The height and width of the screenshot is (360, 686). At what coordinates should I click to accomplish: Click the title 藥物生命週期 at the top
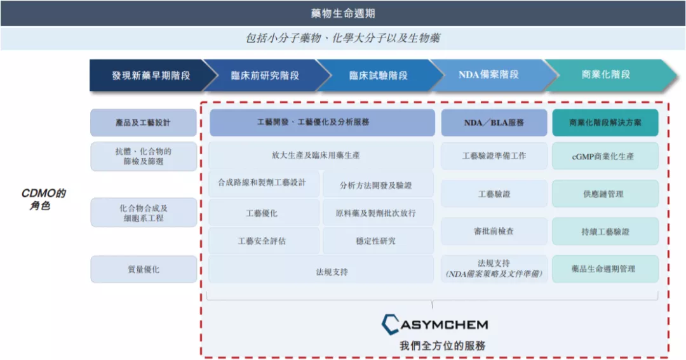343,13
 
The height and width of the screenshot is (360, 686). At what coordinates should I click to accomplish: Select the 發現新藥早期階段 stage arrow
151,75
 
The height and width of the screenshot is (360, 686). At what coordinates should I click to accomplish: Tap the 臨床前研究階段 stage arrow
264,75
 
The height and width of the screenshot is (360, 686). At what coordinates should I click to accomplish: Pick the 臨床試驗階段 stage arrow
378,75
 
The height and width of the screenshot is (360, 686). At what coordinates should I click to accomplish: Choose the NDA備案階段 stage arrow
488,75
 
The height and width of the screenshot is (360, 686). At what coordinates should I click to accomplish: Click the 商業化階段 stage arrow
605,75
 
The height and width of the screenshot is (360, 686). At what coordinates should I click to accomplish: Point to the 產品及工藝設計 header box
143,123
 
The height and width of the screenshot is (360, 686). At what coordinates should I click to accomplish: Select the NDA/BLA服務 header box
494,123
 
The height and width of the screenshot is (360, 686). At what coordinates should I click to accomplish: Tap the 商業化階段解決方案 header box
605,123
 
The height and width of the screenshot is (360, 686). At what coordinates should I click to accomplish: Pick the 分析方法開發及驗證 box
377,185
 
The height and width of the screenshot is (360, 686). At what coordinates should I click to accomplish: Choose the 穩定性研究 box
377,241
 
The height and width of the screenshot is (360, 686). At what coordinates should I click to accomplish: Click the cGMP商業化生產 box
605,156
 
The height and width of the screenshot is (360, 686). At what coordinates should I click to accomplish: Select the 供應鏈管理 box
605,194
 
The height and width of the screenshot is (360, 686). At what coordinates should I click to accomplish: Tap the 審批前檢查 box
494,232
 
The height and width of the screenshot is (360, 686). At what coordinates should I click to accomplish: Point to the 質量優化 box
143,269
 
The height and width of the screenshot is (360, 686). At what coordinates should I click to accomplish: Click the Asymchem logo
434,324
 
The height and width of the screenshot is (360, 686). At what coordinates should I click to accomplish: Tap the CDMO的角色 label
44,199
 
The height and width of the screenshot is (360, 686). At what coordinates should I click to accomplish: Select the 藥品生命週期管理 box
605,269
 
